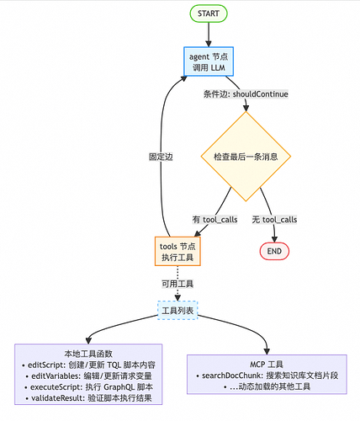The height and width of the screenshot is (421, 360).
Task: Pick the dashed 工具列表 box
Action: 177,311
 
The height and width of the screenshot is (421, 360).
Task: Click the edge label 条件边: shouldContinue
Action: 246,93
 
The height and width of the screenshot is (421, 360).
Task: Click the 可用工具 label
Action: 177,283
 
